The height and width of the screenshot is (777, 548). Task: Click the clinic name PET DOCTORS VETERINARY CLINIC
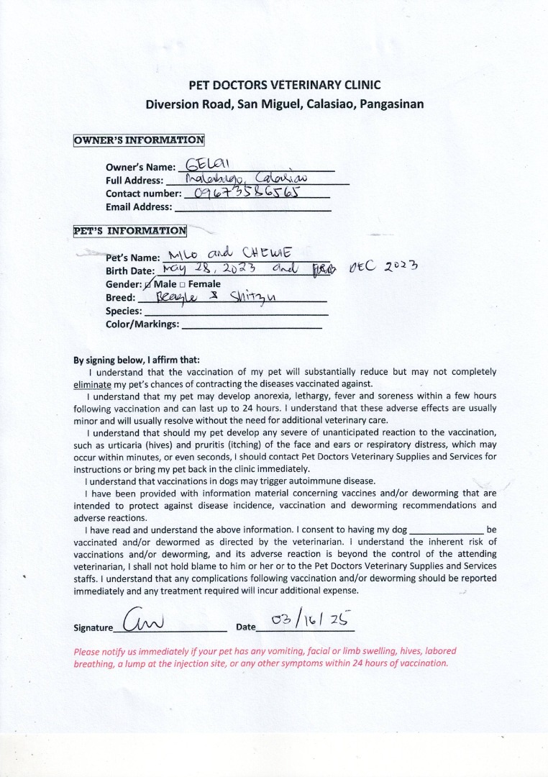(285, 85)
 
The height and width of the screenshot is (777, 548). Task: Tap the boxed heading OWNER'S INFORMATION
(139, 140)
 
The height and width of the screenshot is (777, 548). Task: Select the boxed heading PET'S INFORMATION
(130, 231)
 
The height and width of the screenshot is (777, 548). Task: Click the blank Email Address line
(253, 208)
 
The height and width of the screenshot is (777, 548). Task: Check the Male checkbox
(149, 284)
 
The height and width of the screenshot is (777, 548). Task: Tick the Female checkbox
(183, 284)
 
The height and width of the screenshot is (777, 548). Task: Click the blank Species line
(235, 313)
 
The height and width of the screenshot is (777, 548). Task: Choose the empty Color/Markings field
(252, 325)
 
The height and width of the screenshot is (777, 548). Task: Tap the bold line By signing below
(137, 360)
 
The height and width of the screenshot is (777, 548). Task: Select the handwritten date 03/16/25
(309, 619)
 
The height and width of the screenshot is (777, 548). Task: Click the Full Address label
(134, 181)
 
